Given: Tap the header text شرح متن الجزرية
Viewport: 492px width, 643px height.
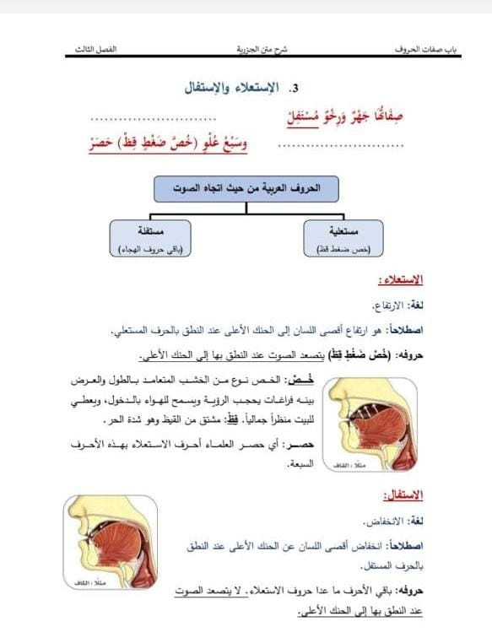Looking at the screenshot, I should pos(262,51).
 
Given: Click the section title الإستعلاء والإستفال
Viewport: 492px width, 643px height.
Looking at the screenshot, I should pos(239,86).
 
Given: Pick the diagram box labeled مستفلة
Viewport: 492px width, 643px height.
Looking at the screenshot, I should pos(151,238).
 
